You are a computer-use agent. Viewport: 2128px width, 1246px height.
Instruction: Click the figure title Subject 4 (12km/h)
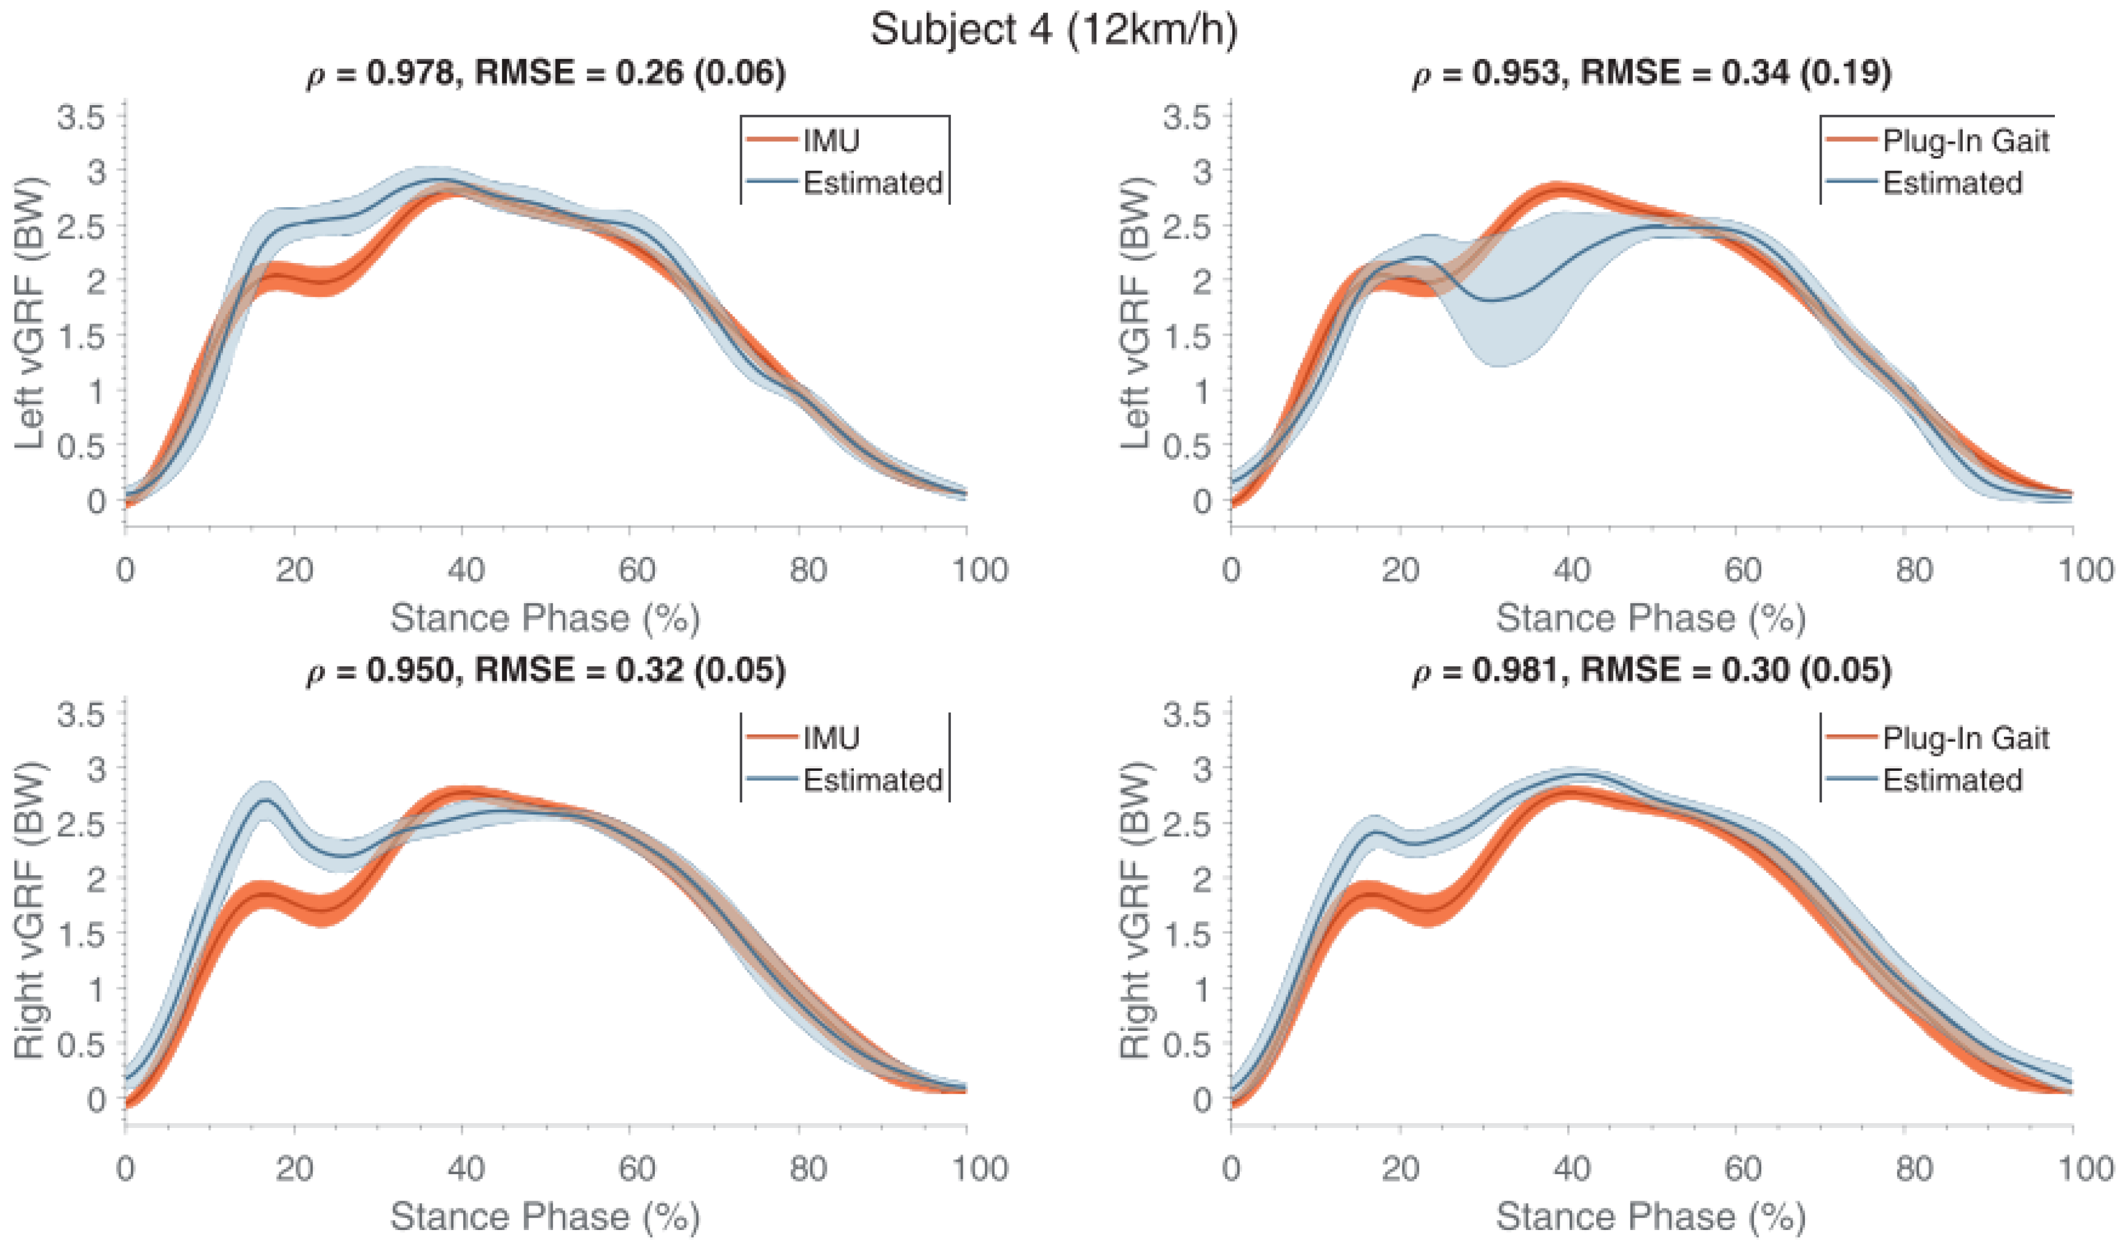click(x=1055, y=30)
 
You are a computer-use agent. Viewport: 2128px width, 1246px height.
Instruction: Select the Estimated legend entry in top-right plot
click(x=1952, y=183)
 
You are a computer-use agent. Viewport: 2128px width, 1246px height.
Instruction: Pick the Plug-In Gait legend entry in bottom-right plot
click(x=1965, y=738)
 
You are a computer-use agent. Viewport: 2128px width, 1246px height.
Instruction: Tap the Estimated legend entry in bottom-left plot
click(x=872, y=779)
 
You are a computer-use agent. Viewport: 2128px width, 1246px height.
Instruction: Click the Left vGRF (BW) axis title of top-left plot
click(x=29, y=312)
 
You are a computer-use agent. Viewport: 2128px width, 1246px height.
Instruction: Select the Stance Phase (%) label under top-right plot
click(x=1650, y=618)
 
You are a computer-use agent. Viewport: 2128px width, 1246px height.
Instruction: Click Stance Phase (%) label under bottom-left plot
click(x=545, y=1216)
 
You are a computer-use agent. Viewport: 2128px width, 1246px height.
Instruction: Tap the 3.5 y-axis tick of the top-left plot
click(x=82, y=117)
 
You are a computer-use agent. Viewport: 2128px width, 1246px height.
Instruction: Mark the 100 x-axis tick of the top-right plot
click(x=2086, y=570)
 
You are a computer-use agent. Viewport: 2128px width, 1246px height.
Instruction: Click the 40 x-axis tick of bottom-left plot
click(x=465, y=1169)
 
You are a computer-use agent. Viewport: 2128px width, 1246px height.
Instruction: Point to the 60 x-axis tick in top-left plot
click(x=636, y=570)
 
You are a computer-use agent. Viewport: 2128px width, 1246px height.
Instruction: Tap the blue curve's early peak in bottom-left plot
click(x=266, y=799)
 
